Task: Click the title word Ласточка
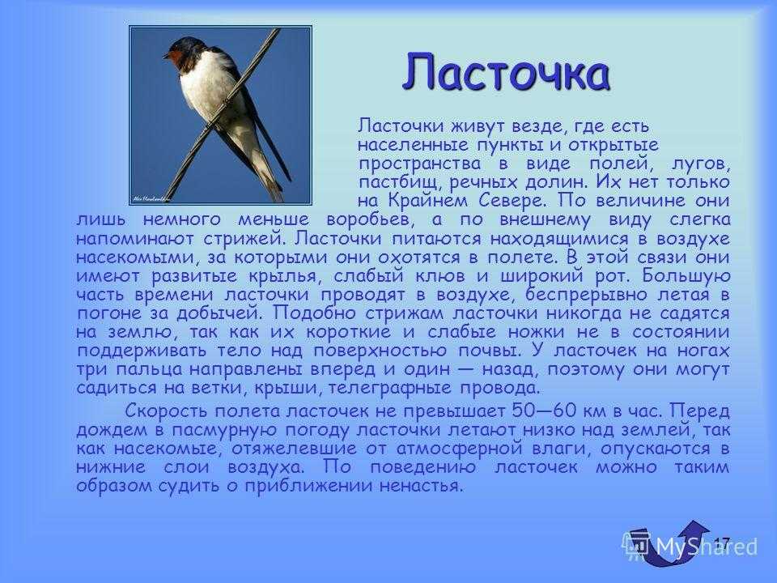click(506, 72)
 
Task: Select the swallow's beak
click(166, 54)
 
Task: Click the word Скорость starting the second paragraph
click(166, 411)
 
